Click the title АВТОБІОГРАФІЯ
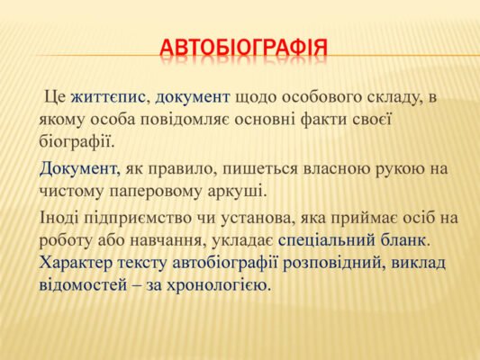[242, 46]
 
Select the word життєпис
[111, 97]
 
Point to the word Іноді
[62, 219]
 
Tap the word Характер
[78, 263]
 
